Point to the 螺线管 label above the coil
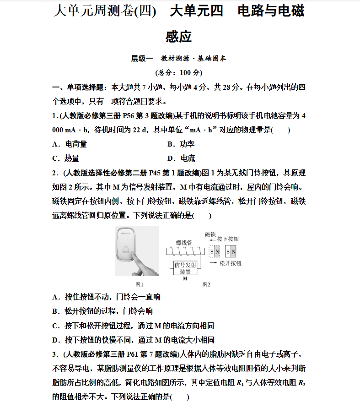(x=184, y=243)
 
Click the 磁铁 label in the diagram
(x=210, y=234)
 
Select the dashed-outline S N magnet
(x=215, y=252)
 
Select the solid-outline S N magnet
(x=231, y=252)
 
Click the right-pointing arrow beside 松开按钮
(x=213, y=263)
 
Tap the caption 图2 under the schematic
(x=206, y=284)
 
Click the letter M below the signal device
(x=185, y=278)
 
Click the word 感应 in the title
(x=179, y=36)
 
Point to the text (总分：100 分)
(x=179, y=73)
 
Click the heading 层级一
(x=142, y=59)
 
